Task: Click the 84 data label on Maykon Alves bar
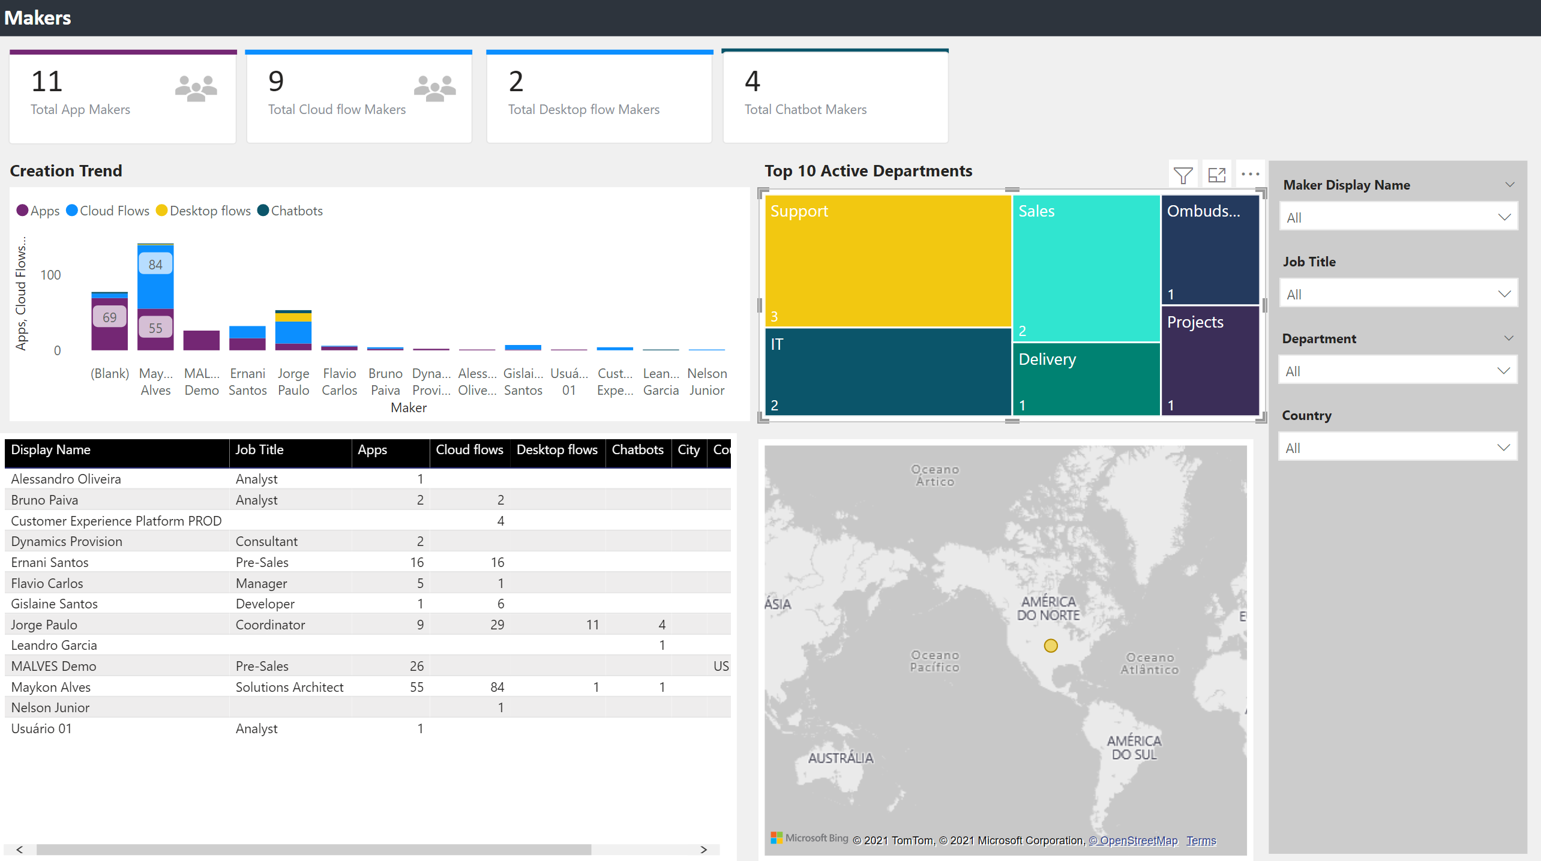click(x=155, y=265)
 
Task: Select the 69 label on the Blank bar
click(x=109, y=317)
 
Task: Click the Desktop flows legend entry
click(x=203, y=211)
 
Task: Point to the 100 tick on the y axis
click(x=50, y=275)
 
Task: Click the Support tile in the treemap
click(x=888, y=260)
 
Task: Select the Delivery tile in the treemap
click(x=1086, y=379)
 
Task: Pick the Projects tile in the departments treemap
click(x=1210, y=360)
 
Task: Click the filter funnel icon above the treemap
click(x=1183, y=175)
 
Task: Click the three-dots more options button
click(x=1250, y=175)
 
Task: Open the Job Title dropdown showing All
click(x=1398, y=294)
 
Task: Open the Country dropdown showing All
click(x=1398, y=448)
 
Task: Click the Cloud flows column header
click(x=469, y=450)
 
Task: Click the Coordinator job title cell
click(x=270, y=625)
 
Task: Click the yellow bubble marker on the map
click(x=1050, y=646)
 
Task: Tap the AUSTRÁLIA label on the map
click(x=840, y=758)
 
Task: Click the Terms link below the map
click(x=1201, y=841)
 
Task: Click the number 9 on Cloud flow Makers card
click(x=276, y=82)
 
